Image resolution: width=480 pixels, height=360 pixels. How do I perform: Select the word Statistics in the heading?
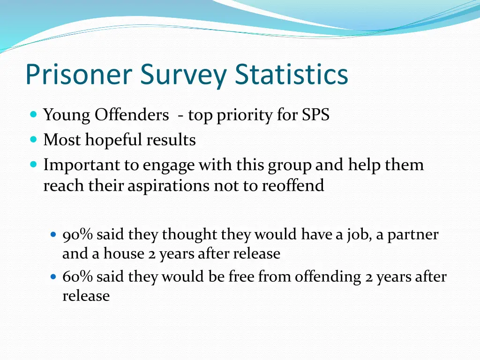click(292, 74)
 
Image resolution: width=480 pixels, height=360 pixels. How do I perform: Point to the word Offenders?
click(132, 115)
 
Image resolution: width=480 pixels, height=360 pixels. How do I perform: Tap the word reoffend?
click(293, 186)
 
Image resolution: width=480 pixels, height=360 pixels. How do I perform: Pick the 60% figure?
click(78, 277)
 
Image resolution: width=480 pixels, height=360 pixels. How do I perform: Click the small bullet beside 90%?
click(53, 234)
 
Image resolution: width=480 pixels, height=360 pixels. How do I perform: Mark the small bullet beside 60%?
click(53, 277)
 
